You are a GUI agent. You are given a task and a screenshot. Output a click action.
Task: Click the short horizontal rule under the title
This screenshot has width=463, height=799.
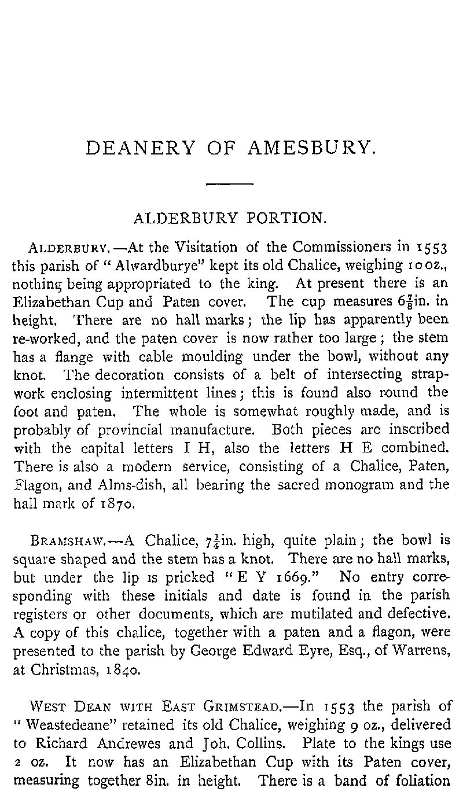pos(230,184)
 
